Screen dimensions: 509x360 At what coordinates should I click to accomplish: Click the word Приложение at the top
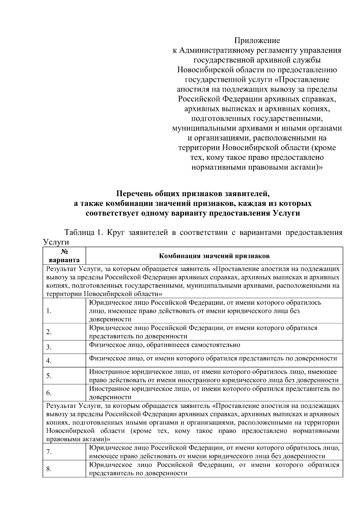point(257,40)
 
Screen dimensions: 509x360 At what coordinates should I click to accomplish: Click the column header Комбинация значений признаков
point(214,256)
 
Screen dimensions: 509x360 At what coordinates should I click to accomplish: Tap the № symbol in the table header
point(64,252)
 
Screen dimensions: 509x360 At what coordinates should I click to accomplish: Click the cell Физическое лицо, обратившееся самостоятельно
point(164,345)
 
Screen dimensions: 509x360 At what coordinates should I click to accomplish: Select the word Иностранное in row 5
point(109,372)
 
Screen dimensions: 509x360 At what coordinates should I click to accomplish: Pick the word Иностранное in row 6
point(109,389)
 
